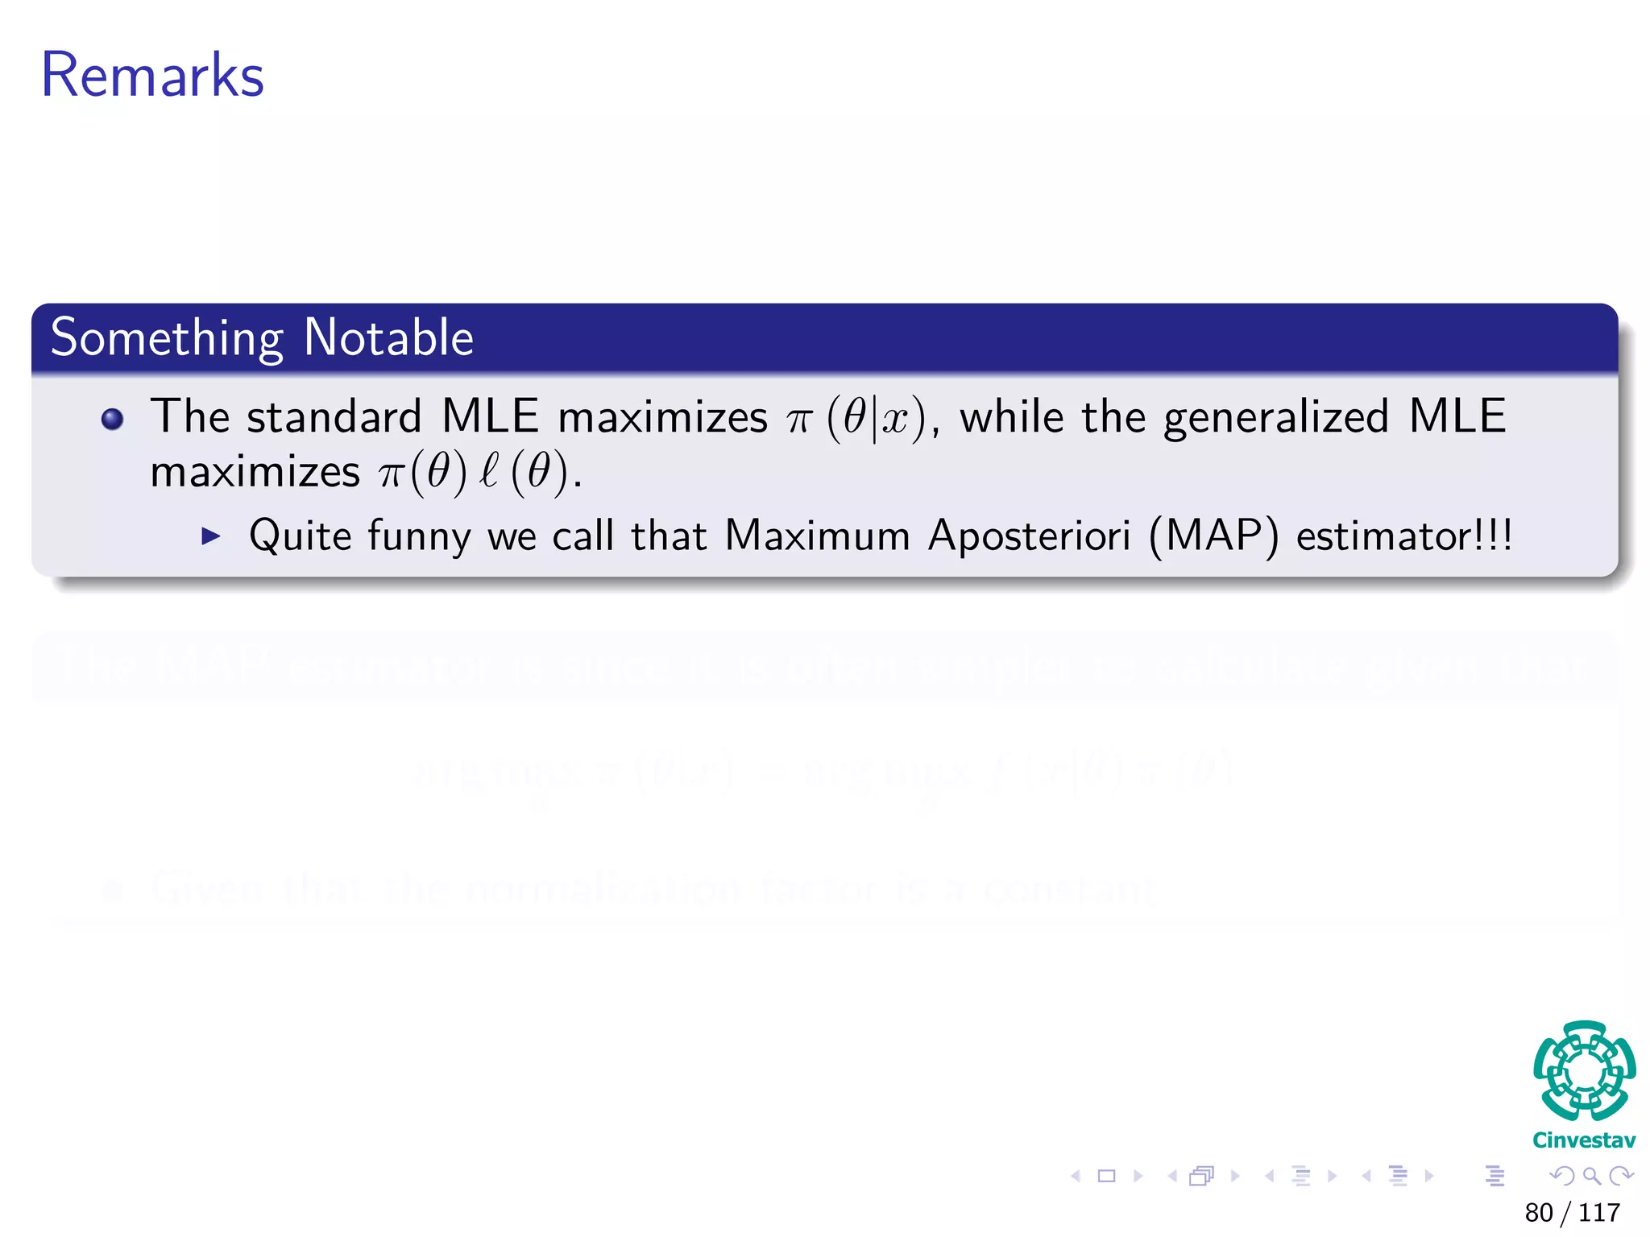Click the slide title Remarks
coord(152,75)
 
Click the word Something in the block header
coord(167,338)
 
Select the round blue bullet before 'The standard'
coord(113,419)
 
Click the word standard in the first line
coord(334,417)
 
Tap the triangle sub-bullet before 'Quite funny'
coord(211,536)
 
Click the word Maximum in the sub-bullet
coord(817,536)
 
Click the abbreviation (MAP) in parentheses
coord(1213,536)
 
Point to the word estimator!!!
coord(1404,536)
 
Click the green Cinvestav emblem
coord(1584,1071)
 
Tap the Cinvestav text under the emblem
coord(1584,1140)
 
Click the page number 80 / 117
coord(1572,1212)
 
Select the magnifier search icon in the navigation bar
coord(1591,1176)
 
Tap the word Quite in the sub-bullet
coord(301,536)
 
